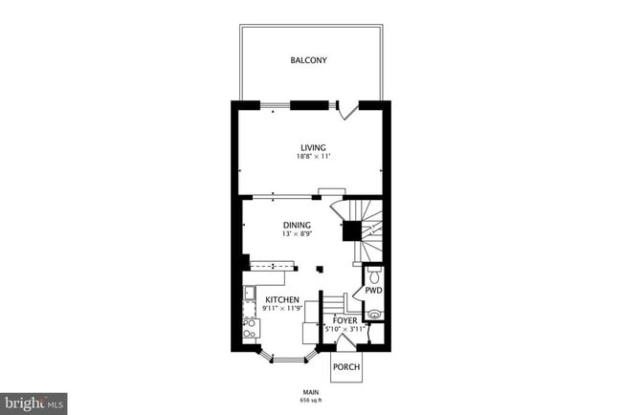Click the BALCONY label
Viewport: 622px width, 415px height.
tap(309, 60)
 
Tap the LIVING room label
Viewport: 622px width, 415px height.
tap(312, 147)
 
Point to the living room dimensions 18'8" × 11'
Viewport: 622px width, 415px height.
tap(312, 157)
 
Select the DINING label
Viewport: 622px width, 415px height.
tap(297, 225)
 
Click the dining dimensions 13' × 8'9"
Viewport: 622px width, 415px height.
tap(297, 234)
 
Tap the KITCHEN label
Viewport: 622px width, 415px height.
tap(282, 299)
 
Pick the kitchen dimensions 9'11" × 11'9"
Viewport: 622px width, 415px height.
tap(282, 309)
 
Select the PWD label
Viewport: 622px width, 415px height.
tap(373, 291)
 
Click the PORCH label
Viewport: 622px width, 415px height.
tap(345, 368)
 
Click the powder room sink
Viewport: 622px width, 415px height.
tap(374, 311)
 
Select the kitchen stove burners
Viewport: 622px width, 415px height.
tap(249, 329)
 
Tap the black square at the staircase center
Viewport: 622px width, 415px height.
tap(351, 229)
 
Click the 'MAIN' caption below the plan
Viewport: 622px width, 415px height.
tap(310, 391)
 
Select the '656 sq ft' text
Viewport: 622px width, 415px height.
tap(310, 400)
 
